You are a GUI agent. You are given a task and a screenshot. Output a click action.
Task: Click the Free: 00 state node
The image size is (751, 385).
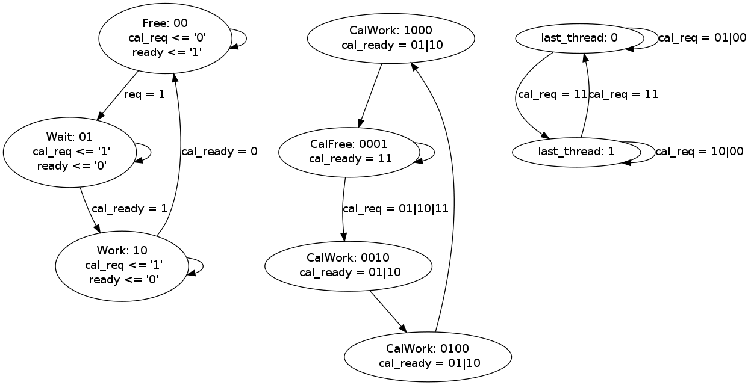[165, 38]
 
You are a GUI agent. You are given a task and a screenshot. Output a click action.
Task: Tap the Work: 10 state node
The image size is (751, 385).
[122, 265]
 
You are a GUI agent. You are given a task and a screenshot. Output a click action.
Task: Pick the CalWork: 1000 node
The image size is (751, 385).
[391, 37]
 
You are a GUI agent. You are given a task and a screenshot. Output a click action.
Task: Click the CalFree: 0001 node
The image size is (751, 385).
[349, 152]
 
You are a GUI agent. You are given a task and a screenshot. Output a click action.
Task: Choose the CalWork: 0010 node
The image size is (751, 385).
[348, 265]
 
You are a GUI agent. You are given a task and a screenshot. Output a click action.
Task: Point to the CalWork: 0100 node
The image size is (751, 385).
[428, 356]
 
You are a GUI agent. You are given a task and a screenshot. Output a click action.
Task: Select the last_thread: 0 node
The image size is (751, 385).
[579, 38]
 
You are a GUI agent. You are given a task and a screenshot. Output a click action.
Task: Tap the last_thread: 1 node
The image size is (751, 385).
[576, 152]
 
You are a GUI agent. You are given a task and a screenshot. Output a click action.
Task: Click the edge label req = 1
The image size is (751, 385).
[144, 94]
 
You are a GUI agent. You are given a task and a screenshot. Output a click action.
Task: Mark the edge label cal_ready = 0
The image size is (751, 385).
[219, 152]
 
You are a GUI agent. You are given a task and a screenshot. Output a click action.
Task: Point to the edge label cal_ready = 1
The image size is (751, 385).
[129, 209]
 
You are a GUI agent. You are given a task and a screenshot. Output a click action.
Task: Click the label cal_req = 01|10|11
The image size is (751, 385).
[395, 209]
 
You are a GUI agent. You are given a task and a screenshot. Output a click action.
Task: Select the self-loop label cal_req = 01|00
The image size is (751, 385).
[702, 38]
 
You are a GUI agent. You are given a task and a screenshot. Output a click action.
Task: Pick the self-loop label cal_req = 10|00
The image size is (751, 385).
[699, 152]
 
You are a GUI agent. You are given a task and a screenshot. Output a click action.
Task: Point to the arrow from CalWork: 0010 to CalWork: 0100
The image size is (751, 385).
[388, 311]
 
